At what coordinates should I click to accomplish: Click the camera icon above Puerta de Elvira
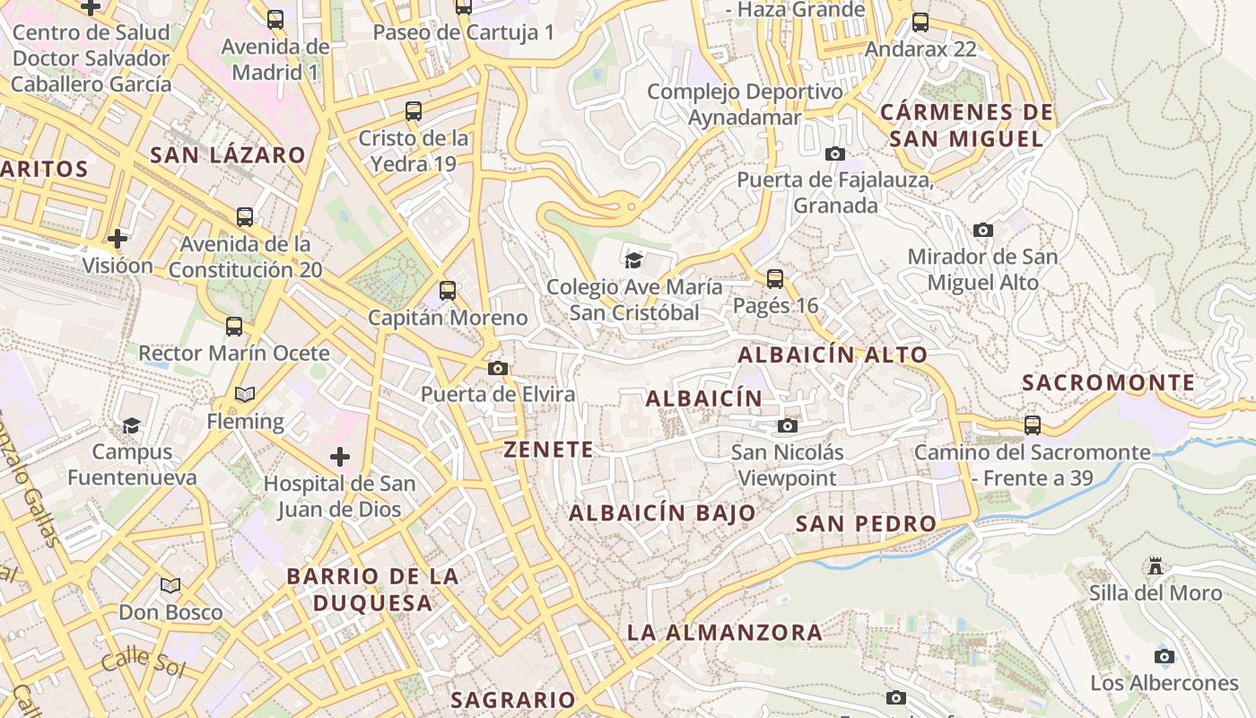[498, 368]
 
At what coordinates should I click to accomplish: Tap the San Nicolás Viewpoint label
[788, 465]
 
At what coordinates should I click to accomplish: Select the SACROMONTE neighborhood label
[1109, 383]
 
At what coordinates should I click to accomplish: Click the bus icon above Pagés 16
[775, 279]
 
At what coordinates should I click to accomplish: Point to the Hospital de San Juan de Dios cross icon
[340, 457]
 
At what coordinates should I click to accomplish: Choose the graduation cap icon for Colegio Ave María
[634, 260]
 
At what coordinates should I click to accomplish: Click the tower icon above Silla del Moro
[1156, 566]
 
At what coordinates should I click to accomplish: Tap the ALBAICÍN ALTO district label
[833, 355]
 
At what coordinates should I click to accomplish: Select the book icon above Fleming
[245, 394]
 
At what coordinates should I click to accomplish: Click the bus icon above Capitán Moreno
[448, 291]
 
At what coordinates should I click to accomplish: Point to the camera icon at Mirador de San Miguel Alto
[983, 230]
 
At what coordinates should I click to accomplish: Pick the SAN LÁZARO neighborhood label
[228, 154]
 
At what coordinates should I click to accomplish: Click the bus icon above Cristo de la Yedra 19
[414, 111]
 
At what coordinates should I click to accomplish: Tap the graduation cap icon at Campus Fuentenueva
[132, 425]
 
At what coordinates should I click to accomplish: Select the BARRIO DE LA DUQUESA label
[372, 589]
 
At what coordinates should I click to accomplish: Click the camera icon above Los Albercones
[1164, 656]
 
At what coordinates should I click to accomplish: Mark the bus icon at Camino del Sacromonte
[1033, 425]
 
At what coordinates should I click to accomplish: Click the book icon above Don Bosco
[170, 585]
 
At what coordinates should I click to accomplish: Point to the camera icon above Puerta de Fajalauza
[835, 153]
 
